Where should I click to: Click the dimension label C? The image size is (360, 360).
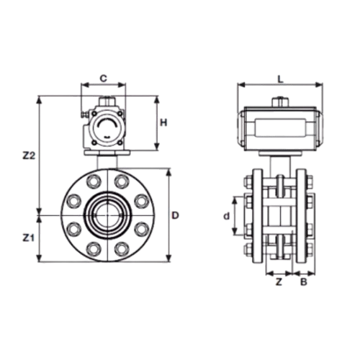tap(103, 78)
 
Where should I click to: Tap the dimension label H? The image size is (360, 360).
tap(163, 123)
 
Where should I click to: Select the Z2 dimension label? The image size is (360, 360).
tap(29, 156)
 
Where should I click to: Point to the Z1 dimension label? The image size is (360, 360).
tap(29, 238)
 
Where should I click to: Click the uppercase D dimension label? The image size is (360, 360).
tap(176, 215)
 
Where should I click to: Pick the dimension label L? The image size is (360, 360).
tap(280, 79)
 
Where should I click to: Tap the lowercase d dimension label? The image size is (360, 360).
tap(226, 216)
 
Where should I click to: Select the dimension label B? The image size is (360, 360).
tap(304, 282)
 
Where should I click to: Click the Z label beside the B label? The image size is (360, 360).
tap(279, 282)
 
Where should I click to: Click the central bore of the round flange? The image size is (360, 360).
tap(107, 215)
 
